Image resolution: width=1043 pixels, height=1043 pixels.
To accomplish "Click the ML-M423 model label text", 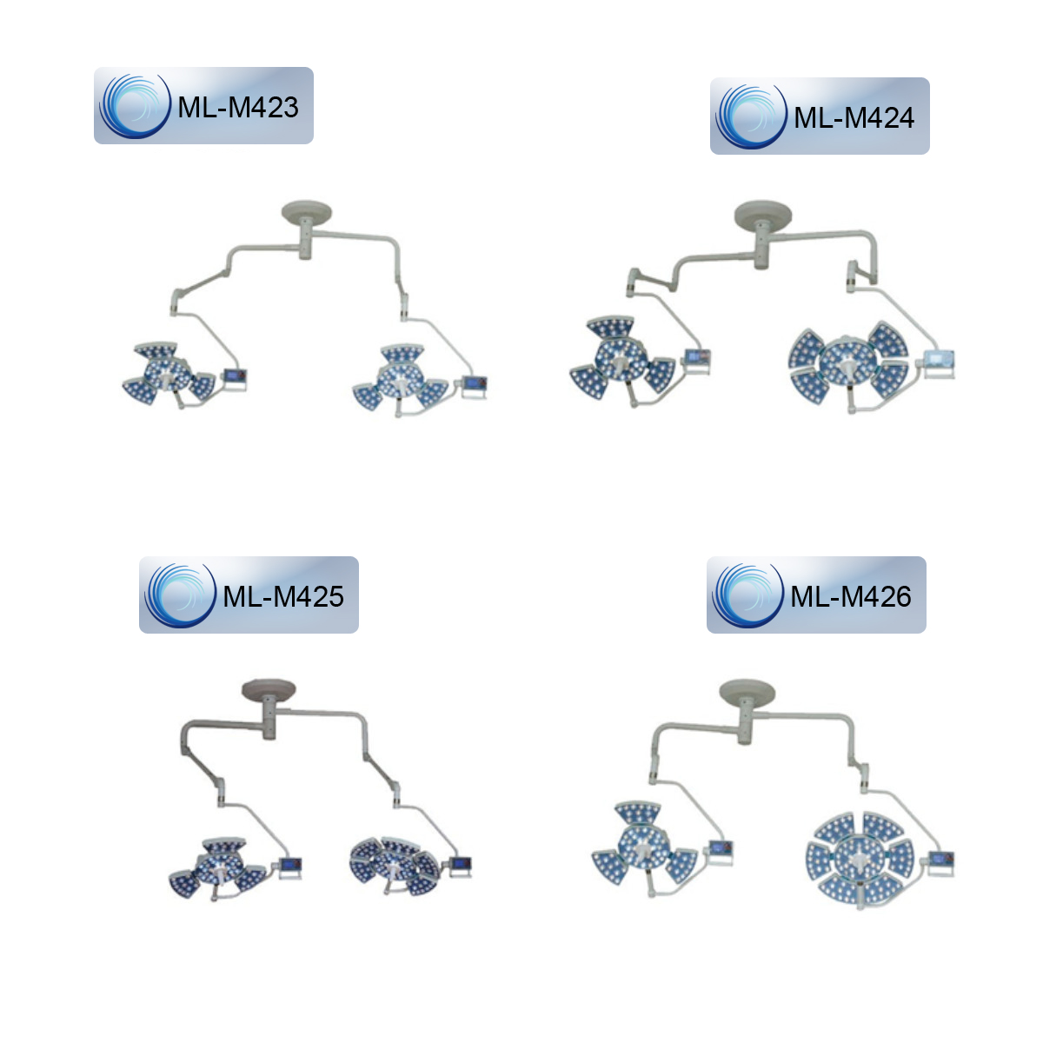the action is (x=237, y=107).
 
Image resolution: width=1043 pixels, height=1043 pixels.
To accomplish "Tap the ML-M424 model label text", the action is (x=854, y=117).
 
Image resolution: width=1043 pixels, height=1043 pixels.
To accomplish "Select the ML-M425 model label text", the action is (x=283, y=596).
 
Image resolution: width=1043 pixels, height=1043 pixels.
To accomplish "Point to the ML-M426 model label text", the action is (x=850, y=596).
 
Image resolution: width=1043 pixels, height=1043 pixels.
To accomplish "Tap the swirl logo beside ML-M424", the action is (x=751, y=116).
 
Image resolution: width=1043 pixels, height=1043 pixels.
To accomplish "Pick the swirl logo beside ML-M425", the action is (x=180, y=595).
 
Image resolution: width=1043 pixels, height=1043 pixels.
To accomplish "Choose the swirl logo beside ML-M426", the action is (x=747, y=595).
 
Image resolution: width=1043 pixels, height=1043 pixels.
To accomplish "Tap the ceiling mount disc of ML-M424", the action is (x=762, y=214).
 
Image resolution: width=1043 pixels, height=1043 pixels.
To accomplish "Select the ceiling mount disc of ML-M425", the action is (x=269, y=689).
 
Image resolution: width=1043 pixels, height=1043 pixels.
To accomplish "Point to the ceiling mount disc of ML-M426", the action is (x=747, y=691).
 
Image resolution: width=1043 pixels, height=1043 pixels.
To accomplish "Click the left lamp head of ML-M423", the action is (x=169, y=374).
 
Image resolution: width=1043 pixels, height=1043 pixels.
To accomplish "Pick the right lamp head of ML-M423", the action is (x=401, y=378).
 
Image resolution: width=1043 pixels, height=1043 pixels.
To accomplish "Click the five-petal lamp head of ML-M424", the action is (x=848, y=362).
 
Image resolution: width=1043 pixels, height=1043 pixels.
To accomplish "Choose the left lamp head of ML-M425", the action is (x=217, y=868).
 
